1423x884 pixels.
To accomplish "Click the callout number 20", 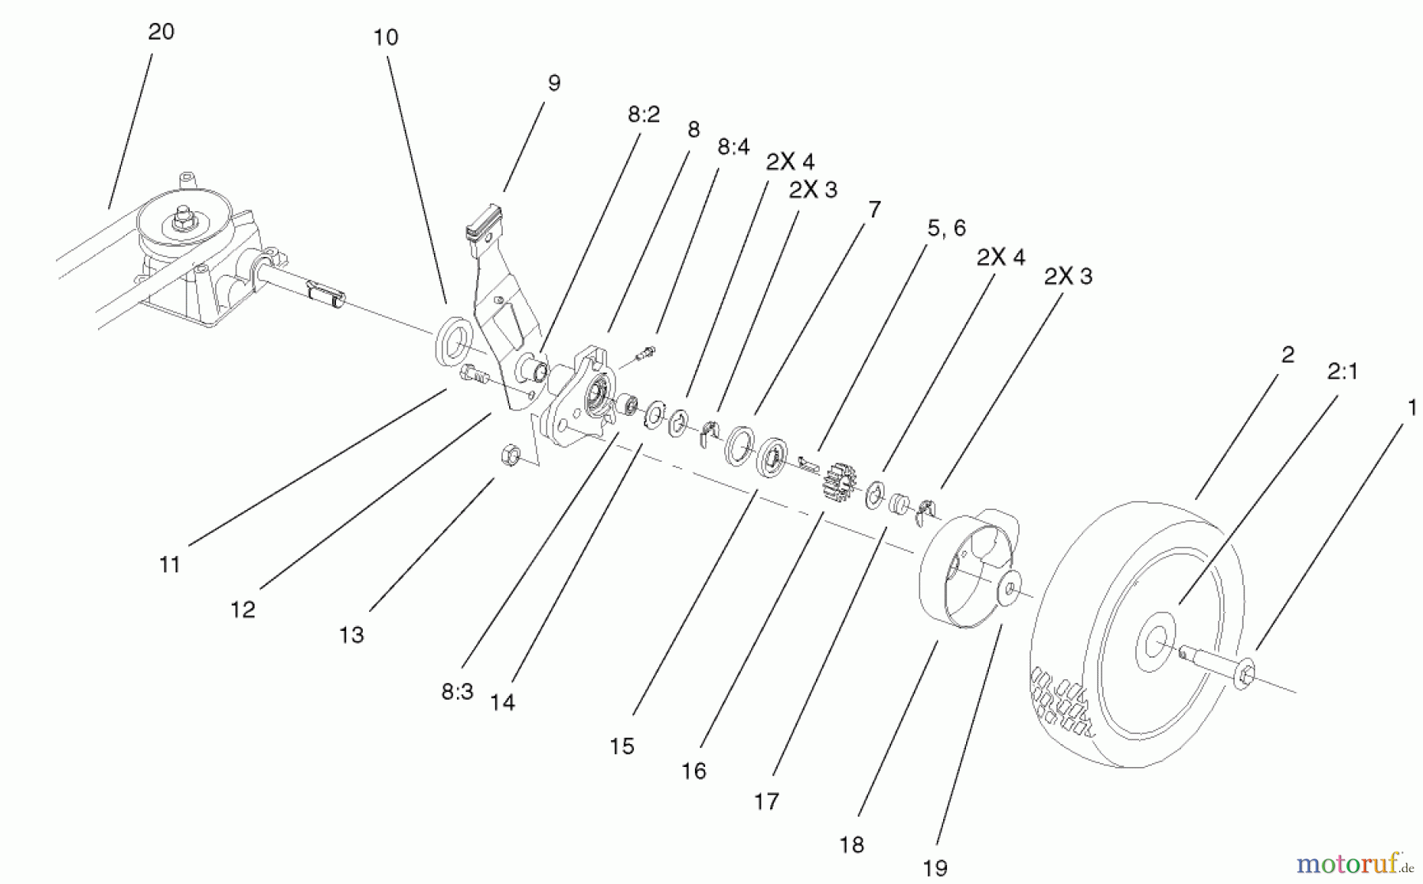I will tap(161, 32).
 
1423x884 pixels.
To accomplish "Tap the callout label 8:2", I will tap(644, 115).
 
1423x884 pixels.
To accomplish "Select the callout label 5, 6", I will tap(946, 229).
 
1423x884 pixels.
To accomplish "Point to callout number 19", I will tap(935, 868).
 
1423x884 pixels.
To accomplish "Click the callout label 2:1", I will tap(1342, 371).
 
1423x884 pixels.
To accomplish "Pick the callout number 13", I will tap(352, 635).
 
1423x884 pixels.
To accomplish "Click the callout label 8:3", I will tap(457, 692).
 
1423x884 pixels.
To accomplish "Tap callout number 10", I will tap(386, 37).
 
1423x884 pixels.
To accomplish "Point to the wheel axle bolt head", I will tap(1244, 673).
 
